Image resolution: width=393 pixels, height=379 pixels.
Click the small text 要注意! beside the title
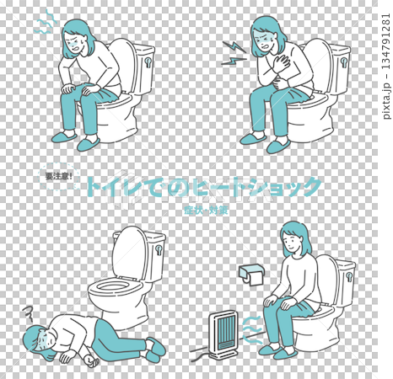[61, 177]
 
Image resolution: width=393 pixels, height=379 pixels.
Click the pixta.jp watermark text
[384, 51]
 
